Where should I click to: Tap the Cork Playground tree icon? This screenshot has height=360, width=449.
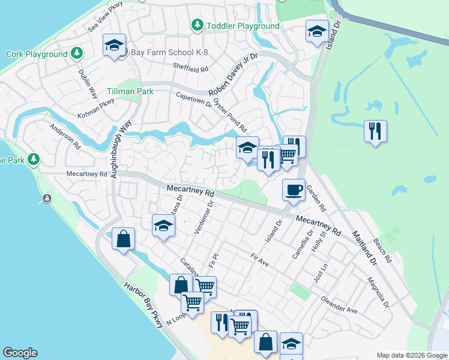[76, 54]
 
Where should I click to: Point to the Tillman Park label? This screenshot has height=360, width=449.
[130, 91]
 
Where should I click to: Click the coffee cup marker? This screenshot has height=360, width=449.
[294, 190]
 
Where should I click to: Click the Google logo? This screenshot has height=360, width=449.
[20, 353]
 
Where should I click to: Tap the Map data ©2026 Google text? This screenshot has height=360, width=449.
[411, 355]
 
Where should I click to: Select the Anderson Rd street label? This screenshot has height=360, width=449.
[65, 136]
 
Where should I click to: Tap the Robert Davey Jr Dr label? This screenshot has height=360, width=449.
[233, 74]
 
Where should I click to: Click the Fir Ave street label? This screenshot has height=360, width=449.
[259, 259]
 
